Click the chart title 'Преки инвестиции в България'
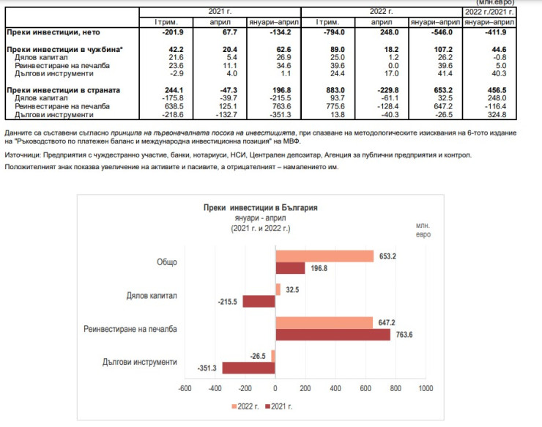pos(261,208)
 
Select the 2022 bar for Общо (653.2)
pos(324,256)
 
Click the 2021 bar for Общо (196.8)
pos(290,268)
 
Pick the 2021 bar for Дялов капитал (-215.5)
pos(259,301)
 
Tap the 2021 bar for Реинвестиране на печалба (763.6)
pos(333,335)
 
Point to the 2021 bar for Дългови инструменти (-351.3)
pos(249,368)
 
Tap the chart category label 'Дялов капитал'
pos(152,296)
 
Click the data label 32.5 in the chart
pos(292,290)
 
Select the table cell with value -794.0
pos(326,33)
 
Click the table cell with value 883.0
pos(326,90)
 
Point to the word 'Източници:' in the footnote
pos(23,155)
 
